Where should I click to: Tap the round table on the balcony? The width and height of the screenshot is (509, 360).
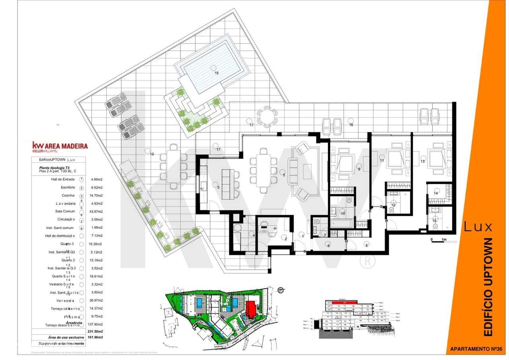coord(265,117)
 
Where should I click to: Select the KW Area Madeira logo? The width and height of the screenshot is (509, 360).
coord(60,147)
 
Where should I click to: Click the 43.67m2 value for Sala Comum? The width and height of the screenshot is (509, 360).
coord(97,212)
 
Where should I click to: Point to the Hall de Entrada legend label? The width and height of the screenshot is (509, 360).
coord(60,179)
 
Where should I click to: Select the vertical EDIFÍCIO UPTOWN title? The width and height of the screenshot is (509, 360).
coord(486,286)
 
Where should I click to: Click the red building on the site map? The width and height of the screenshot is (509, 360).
coord(251,310)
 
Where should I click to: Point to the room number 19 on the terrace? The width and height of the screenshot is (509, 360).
coord(152,154)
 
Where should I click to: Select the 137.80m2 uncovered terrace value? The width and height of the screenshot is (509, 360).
coord(97,325)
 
